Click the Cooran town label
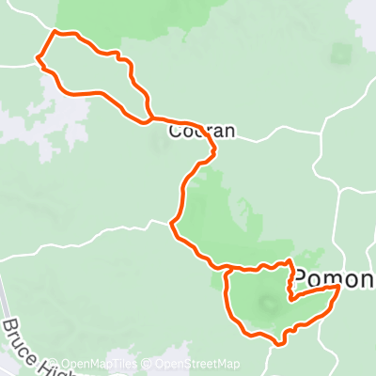(201, 133)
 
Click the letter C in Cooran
(176, 133)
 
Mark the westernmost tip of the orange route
(38, 60)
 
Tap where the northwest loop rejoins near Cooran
(150, 118)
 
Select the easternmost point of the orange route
(337, 289)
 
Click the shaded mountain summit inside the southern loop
(268, 303)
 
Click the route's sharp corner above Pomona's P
(290, 259)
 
